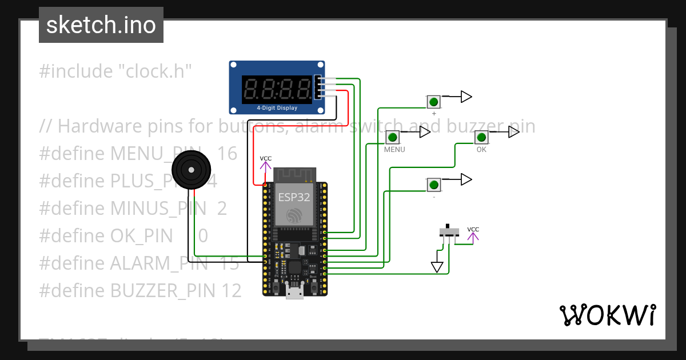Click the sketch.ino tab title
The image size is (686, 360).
(x=101, y=25)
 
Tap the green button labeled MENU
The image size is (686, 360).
(x=393, y=137)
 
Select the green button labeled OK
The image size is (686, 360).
(x=481, y=137)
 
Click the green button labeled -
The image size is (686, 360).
(x=434, y=185)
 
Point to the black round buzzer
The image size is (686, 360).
(x=192, y=170)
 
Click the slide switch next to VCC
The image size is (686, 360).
(x=449, y=232)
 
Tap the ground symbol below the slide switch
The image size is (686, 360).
(x=437, y=267)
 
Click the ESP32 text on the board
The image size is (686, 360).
(x=295, y=197)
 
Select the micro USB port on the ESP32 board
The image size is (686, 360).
(x=295, y=292)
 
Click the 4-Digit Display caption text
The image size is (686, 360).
(x=277, y=107)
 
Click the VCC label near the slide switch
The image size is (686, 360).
(x=473, y=229)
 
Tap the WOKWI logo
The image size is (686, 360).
(x=607, y=315)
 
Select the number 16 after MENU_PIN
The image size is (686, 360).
(x=227, y=153)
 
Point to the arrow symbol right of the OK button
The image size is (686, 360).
(x=513, y=132)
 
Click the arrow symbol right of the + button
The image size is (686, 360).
(x=466, y=97)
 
